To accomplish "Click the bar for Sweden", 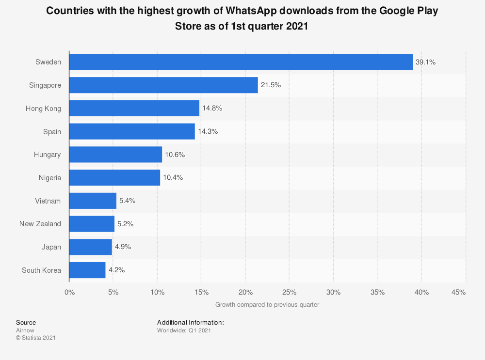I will coord(241,62).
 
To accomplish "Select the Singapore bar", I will coord(163,85).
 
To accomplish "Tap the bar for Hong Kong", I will coord(134,109).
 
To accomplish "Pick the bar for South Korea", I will coord(87,270).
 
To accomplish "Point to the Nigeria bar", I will coord(114,178).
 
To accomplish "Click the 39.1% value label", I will coord(426,62).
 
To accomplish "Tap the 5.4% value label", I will coord(128,201).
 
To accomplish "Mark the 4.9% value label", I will coord(123,247).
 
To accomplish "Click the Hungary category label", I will coord(48,155).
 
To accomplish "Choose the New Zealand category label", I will coord(40,224).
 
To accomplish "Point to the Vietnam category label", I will coord(48,201).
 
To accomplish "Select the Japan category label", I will coord(51,247).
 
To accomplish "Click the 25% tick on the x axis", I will coord(289,292).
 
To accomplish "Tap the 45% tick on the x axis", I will coord(458,292).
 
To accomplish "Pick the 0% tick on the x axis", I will coord(69,292).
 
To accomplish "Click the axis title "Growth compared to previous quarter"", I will coord(267,305).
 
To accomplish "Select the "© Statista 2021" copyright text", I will coord(36,338).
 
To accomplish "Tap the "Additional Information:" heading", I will coord(191,322).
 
